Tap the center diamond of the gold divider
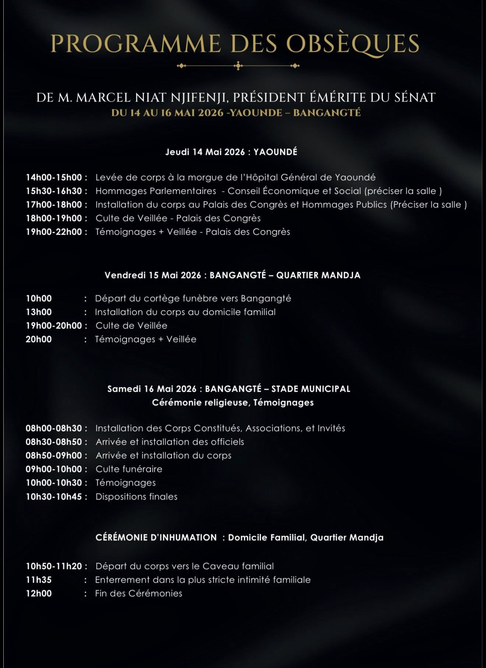239,66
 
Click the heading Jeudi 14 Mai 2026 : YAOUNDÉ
231,152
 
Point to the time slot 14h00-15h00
54,177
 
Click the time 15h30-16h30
54,191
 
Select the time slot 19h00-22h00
54,232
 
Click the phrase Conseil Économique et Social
294,191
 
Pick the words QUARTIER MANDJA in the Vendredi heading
318,275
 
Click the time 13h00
39,312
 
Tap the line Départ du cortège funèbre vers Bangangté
193,298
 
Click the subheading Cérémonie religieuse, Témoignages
233,402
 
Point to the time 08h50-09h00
54,455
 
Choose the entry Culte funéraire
129,469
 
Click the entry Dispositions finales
136,497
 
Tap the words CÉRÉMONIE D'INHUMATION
156,537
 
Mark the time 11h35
39,580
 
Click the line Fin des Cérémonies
138,593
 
